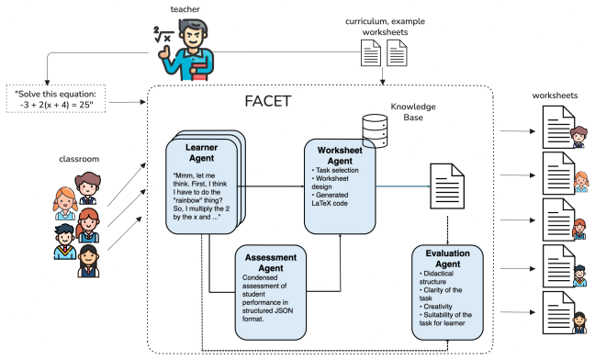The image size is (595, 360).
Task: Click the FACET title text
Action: click(268, 101)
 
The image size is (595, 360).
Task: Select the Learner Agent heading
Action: click(201, 152)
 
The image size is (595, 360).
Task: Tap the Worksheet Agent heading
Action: click(340, 155)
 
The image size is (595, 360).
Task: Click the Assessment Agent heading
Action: click(271, 263)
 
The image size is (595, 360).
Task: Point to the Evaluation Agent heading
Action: click(448, 259)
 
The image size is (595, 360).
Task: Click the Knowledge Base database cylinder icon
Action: click(375, 131)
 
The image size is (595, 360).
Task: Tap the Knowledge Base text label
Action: click(413, 112)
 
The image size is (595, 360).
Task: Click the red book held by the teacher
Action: click(199, 73)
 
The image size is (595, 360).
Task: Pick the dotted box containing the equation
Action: click(56, 99)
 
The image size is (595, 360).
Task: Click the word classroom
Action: click(79, 159)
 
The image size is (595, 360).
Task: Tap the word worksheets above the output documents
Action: click(555, 96)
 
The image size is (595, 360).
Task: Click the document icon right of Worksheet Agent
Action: click(447, 186)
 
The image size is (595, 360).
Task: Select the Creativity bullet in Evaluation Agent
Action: click(436, 307)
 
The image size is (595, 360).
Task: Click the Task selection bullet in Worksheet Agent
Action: click(335, 170)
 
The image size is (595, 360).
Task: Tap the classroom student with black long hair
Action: click(88, 261)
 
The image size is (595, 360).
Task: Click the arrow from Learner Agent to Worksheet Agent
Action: click(271, 186)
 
